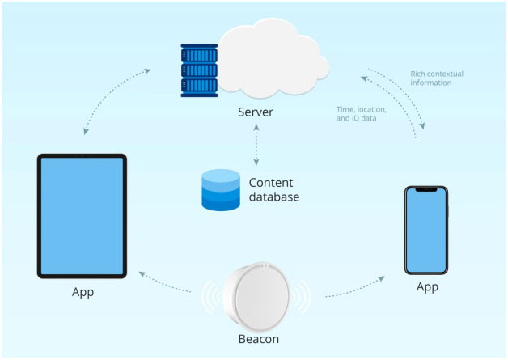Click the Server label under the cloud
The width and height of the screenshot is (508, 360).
tap(255, 112)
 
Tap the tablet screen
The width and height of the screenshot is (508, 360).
tap(82, 215)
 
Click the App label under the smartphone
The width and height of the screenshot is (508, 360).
tap(426, 286)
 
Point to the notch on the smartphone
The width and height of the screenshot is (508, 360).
tap(426, 191)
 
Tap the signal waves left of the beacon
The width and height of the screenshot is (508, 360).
tap(208, 297)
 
